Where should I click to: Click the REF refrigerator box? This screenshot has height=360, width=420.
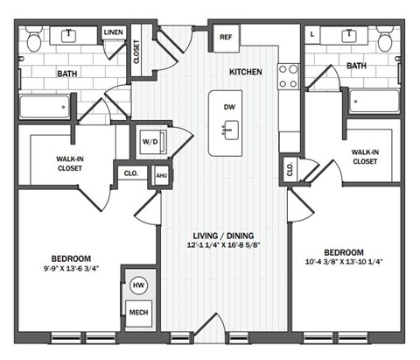[226, 38]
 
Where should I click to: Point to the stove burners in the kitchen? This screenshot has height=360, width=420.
[288, 77]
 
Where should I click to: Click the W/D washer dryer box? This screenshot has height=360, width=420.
[148, 142]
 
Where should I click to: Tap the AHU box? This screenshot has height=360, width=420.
[160, 175]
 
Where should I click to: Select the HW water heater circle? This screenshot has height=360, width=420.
[138, 286]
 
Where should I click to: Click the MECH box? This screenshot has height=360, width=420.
[138, 313]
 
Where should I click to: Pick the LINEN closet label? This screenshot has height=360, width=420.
[113, 33]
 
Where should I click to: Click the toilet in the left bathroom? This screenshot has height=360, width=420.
[33, 39]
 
